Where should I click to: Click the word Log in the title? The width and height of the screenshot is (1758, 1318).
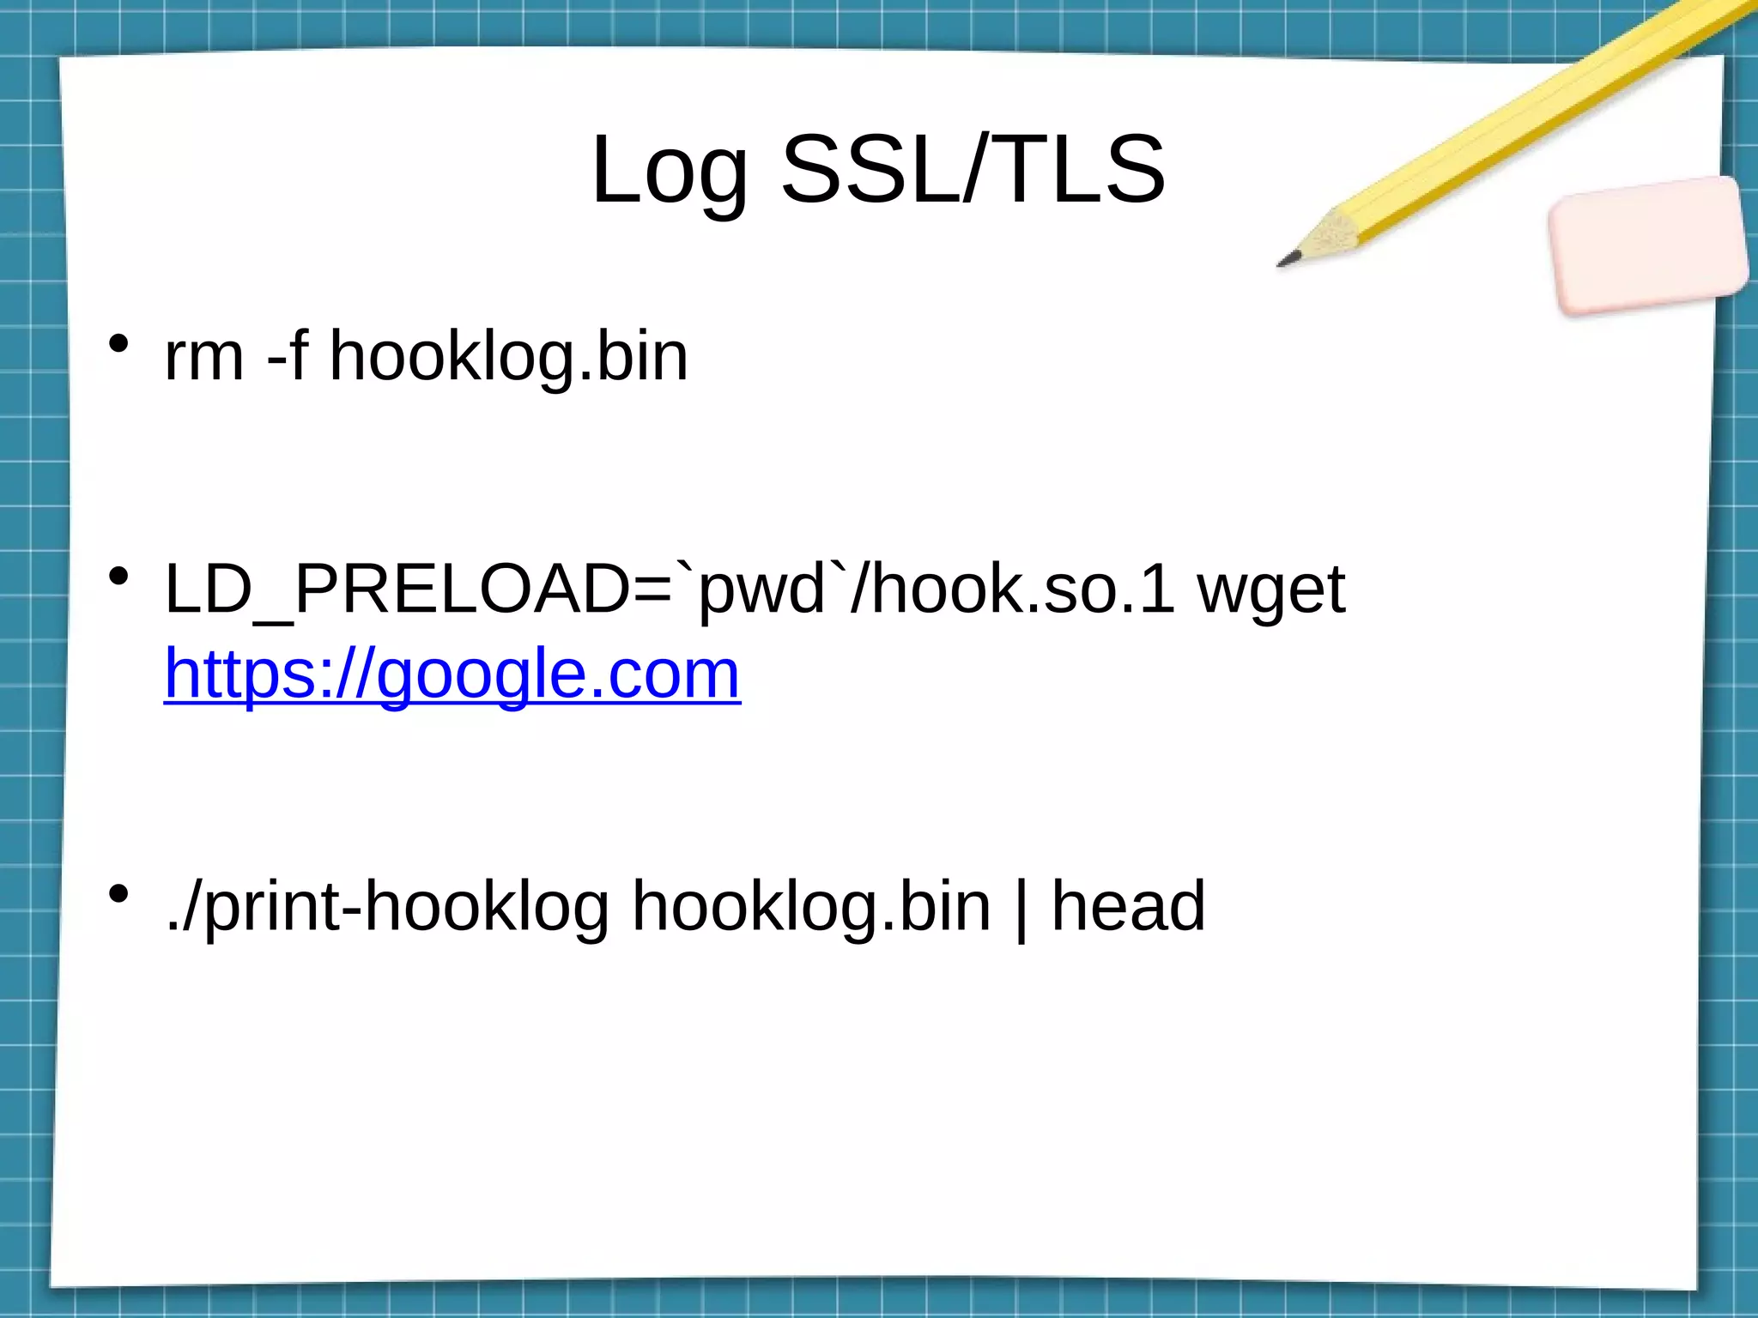tap(670, 172)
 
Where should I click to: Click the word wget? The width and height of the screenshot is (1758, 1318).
tap(1271, 592)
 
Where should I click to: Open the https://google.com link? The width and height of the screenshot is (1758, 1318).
tap(452, 674)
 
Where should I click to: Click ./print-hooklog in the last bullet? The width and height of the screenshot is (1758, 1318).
tap(387, 907)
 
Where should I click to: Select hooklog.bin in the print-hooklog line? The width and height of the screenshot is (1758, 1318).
tap(811, 907)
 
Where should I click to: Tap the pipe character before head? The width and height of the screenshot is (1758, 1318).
tap(1021, 908)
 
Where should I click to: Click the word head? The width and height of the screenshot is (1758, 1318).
tap(1129, 907)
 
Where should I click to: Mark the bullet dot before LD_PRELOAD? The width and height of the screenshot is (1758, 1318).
tap(118, 577)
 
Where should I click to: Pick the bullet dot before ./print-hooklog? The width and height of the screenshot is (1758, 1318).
tap(118, 895)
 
